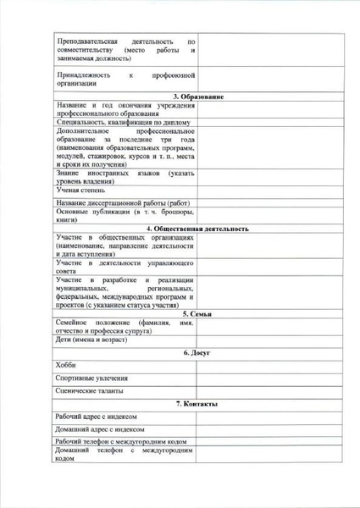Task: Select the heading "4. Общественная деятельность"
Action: click(x=197, y=229)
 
